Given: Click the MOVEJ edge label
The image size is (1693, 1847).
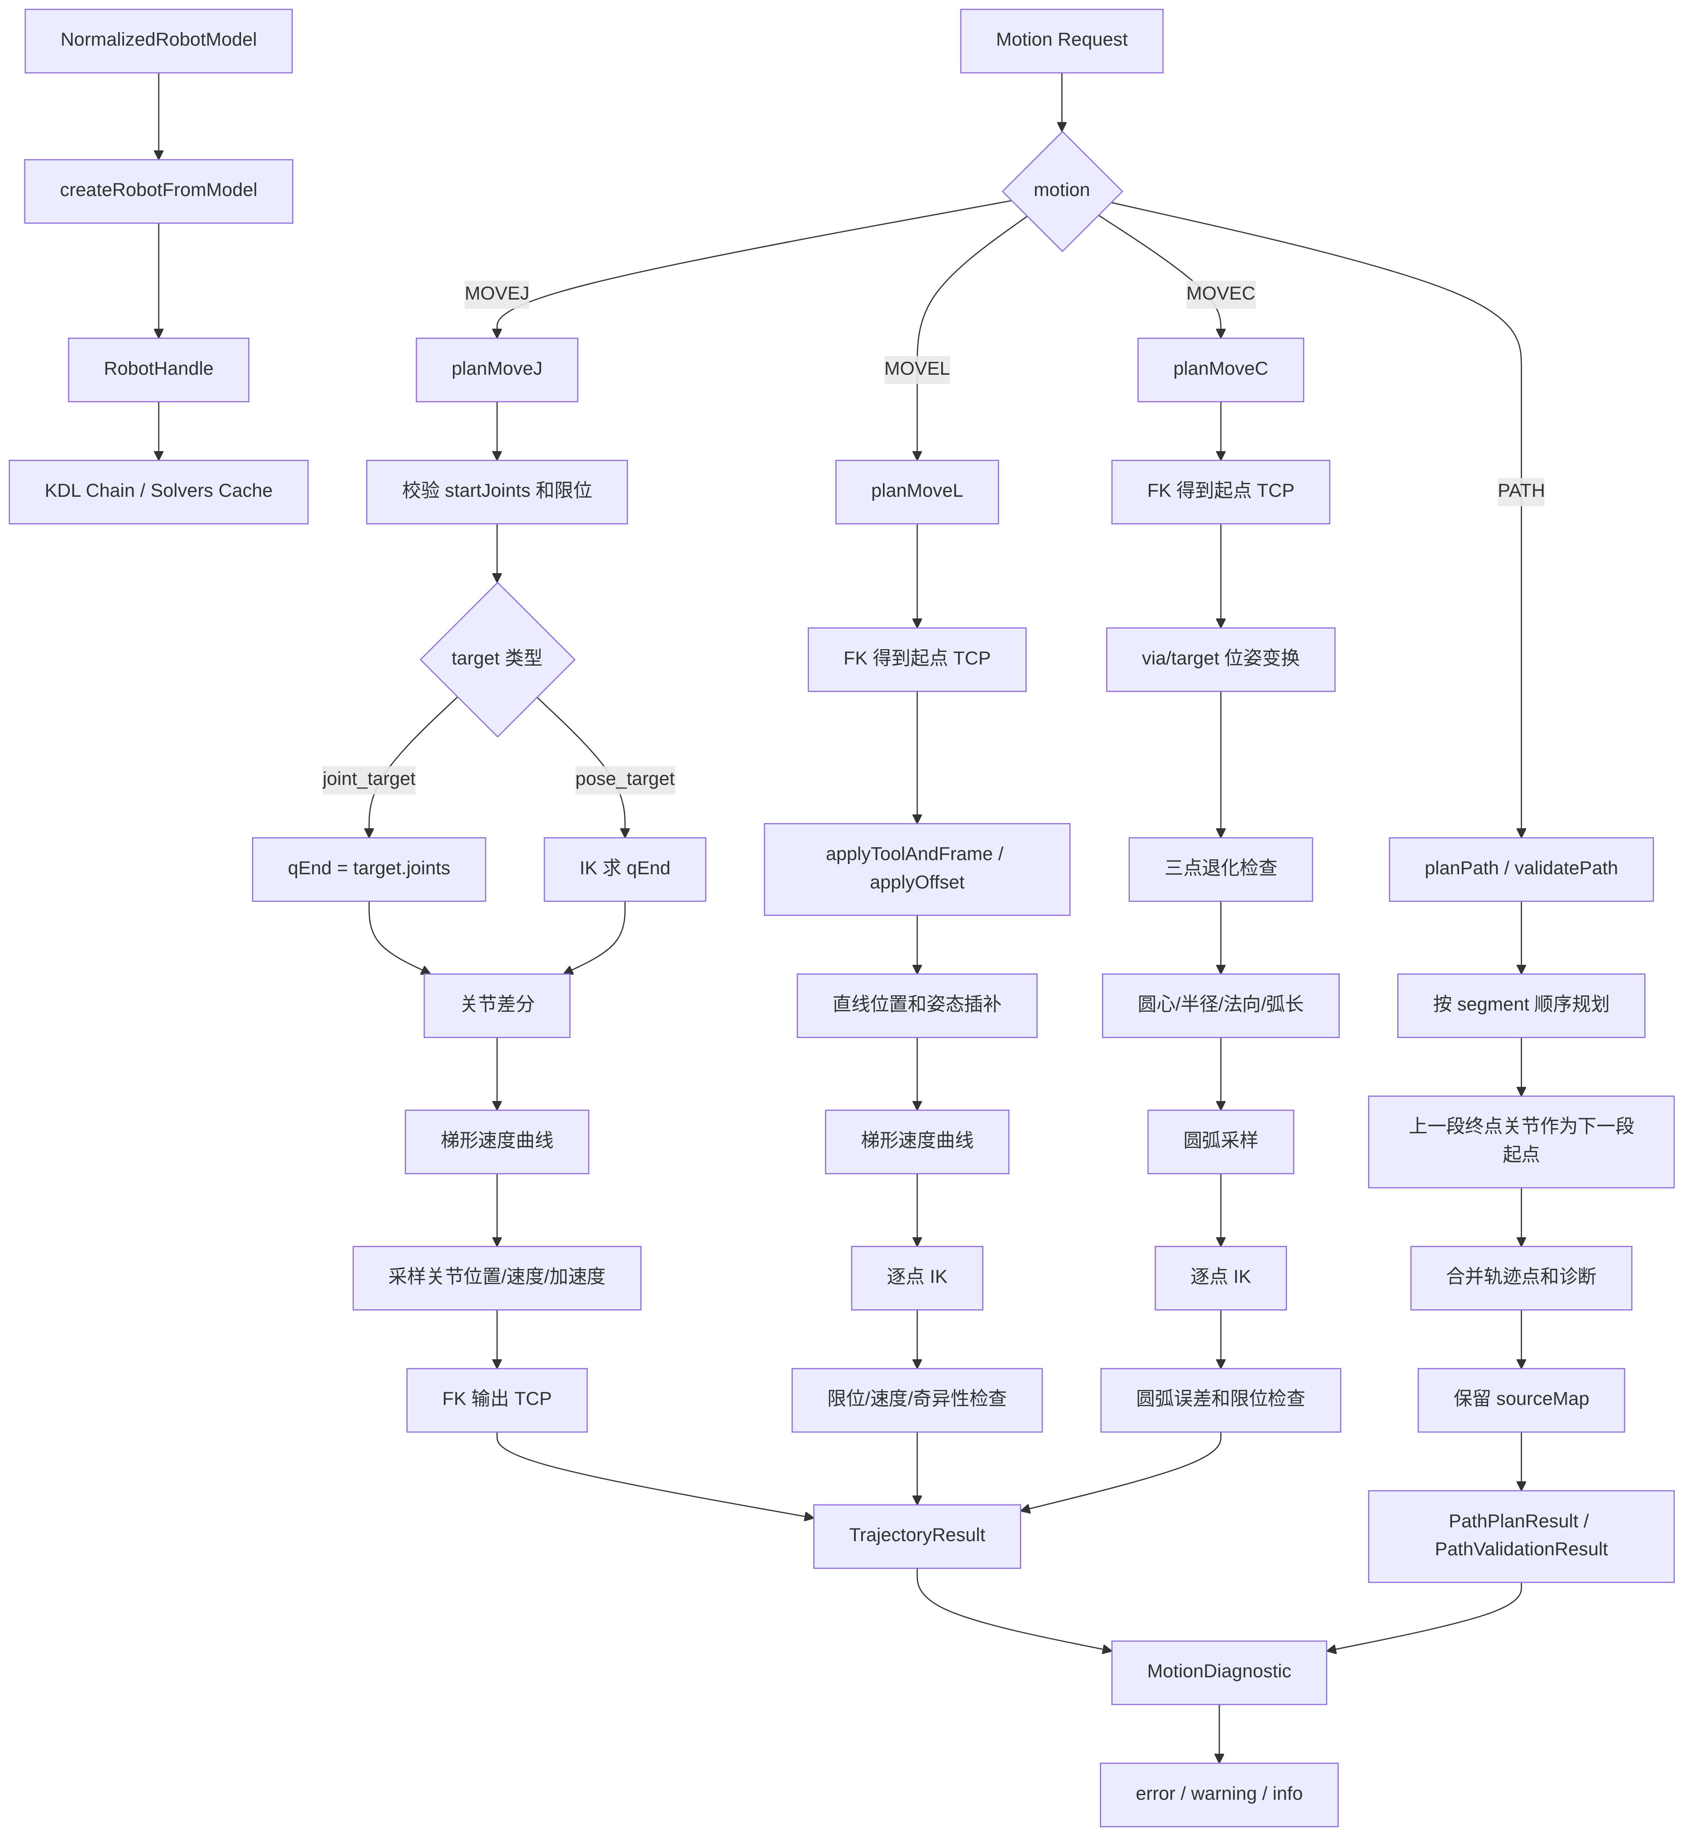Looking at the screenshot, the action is [x=497, y=293].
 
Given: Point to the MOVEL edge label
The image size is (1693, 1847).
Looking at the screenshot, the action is [x=917, y=368].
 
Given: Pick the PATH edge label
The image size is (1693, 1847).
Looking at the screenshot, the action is [x=1521, y=490].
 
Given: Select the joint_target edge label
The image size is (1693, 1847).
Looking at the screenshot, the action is [x=369, y=779].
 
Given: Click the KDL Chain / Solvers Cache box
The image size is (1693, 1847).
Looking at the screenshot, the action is [x=159, y=491].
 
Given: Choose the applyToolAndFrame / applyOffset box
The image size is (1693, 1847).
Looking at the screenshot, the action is [x=917, y=868].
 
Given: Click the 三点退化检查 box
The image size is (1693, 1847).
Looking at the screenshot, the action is [x=1220, y=868].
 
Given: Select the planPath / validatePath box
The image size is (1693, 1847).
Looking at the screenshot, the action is [x=1521, y=868].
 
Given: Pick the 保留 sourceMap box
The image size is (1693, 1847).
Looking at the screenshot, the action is [x=1521, y=1399].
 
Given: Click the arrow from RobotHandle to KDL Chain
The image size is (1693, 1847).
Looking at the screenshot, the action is [x=159, y=431].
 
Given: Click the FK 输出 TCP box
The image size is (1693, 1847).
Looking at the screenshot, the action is [x=497, y=1399].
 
